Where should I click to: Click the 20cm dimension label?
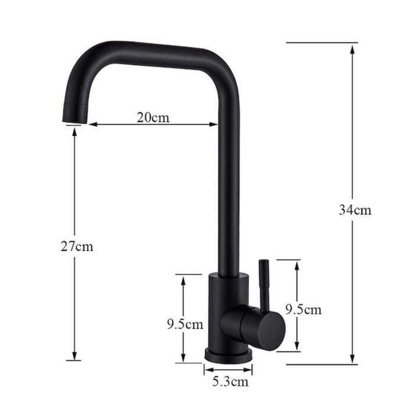[153, 118]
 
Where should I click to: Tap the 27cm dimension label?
[77, 246]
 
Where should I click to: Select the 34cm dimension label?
[355, 210]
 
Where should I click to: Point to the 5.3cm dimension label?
[230, 381]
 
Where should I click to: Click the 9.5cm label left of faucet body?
[185, 324]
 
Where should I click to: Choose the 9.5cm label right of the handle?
[304, 310]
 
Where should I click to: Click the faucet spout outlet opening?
[74, 122]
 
